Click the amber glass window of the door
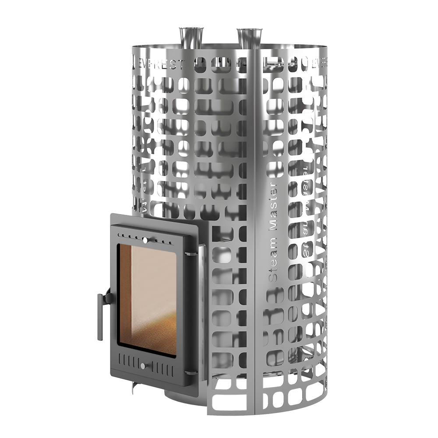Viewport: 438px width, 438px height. point(146,298)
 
